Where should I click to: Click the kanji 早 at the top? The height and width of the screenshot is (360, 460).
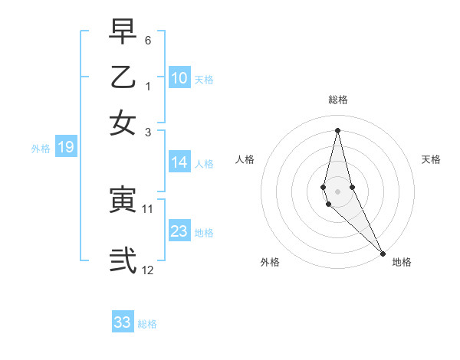tap(123, 33)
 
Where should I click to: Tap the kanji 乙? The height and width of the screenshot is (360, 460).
tap(123, 77)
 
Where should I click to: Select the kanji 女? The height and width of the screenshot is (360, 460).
tap(123, 122)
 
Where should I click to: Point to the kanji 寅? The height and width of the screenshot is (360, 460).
tap(123, 201)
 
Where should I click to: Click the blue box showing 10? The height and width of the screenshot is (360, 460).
tap(179, 78)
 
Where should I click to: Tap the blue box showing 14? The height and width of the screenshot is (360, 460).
tap(179, 162)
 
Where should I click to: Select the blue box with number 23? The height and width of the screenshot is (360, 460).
tap(179, 231)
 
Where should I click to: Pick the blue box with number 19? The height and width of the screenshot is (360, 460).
tap(65, 148)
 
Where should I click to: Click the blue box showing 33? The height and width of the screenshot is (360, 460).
tap(123, 322)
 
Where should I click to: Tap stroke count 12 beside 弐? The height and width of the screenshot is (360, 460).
tap(148, 270)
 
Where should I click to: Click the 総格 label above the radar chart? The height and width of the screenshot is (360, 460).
tap(338, 100)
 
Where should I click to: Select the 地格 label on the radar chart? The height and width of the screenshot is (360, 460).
tap(402, 262)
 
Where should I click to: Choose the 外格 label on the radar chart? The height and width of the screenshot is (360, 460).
tap(270, 262)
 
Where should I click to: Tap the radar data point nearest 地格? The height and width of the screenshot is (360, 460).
tap(383, 253)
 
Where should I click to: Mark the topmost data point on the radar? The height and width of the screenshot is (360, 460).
tap(337, 130)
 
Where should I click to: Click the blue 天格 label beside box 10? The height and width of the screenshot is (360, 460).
tap(204, 79)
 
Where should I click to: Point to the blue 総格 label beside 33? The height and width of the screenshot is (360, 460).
tap(147, 324)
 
